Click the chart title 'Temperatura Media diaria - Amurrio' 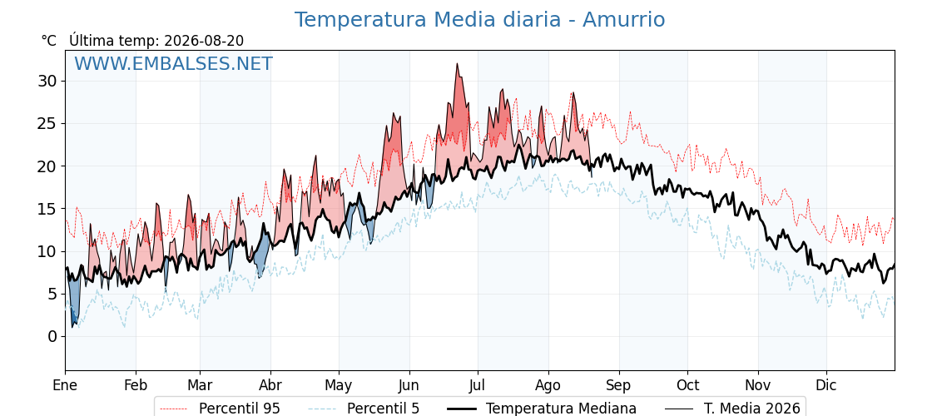[479, 20]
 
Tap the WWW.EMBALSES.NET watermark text [174, 63]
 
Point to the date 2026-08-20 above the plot [204, 41]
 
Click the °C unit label [49, 41]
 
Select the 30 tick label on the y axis [49, 81]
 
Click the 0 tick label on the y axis [53, 336]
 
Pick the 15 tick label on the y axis [49, 209]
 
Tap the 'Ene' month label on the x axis [66, 386]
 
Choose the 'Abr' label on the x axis [270, 386]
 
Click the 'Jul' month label [478, 386]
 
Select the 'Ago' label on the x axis [548, 386]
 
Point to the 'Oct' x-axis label [687, 386]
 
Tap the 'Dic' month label [826, 386]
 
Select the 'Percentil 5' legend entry [364, 409]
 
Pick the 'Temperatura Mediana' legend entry [540, 409]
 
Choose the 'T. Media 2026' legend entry [733, 409]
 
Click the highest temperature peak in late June [457, 64]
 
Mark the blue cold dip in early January [74, 303]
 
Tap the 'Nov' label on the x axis [758, 386]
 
